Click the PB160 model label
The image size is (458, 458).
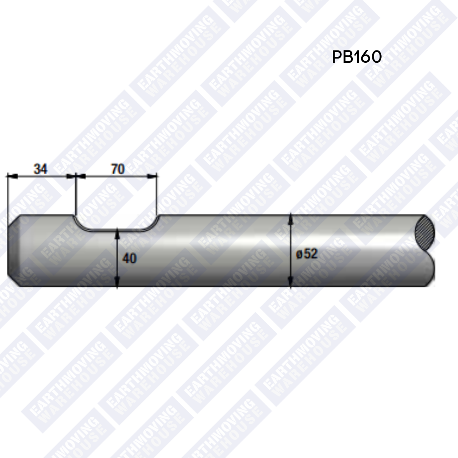click(x=357, y=57)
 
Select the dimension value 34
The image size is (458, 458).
click(x=41, y=169)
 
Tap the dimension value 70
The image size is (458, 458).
click(x=118, y=169)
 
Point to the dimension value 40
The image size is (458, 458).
click(x=129, y=258)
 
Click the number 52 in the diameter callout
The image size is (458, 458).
click(x=310, y=254)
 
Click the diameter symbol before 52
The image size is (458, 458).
click(x=299, y=254)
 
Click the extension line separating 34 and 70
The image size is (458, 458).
click(x=75, y=195)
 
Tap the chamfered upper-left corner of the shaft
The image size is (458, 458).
click(x=14, y=221)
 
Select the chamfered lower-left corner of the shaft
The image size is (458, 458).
click(x=14, y=281)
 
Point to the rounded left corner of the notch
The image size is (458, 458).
click(x=81, y=225)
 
